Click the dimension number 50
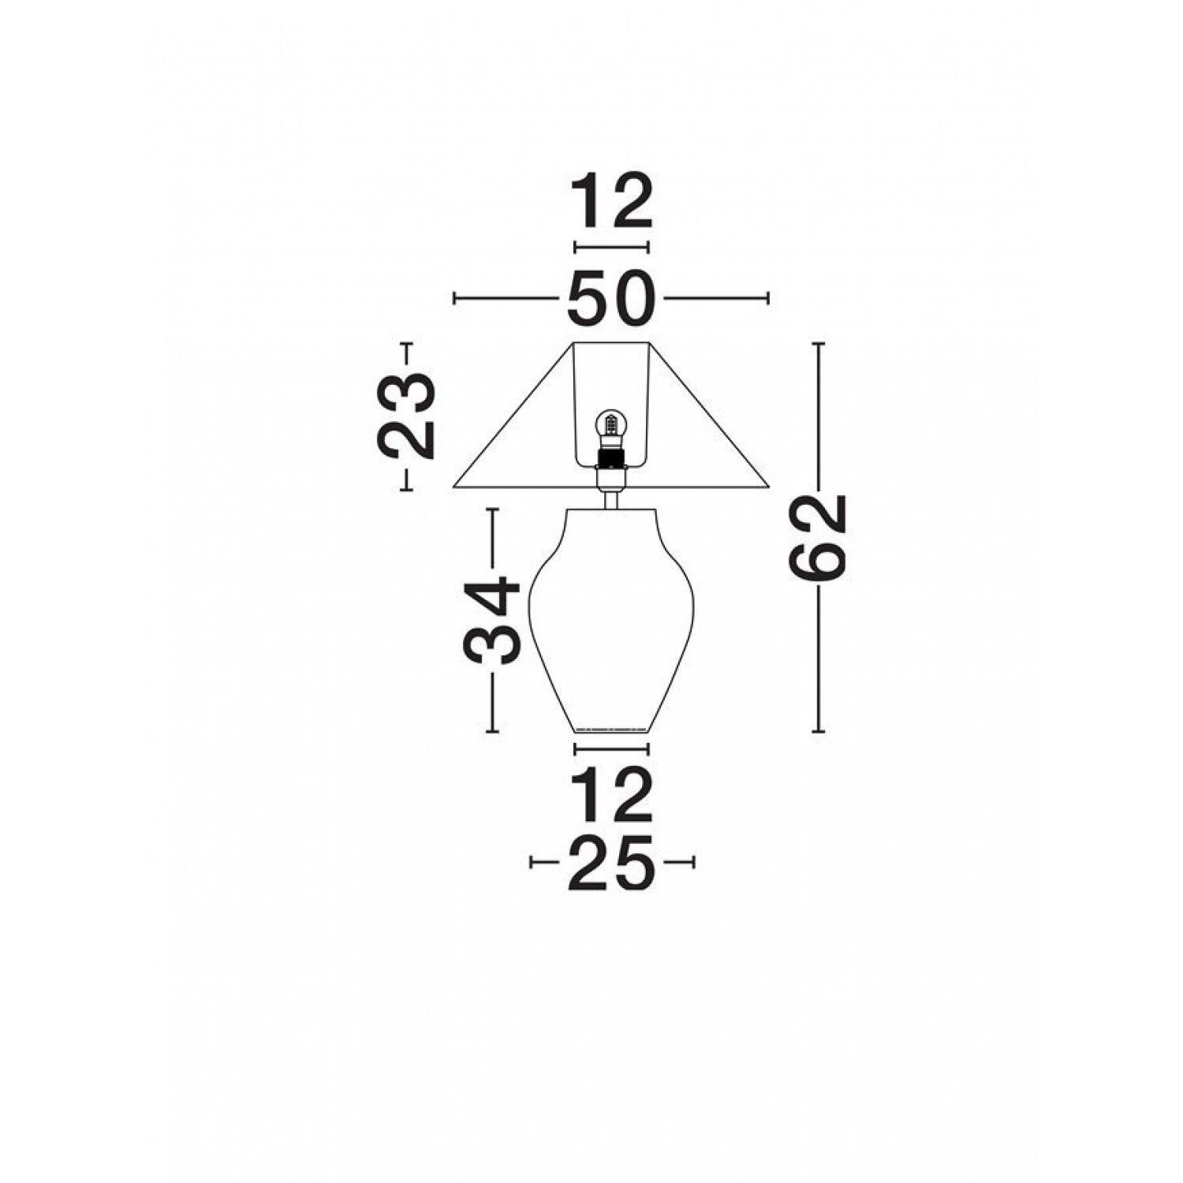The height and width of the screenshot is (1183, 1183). tap(611, 298)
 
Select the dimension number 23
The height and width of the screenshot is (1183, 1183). tap(407, 416)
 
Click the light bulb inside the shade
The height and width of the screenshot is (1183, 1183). tap(611, 428)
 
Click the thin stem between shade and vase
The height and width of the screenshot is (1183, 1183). tap(611, 499)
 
